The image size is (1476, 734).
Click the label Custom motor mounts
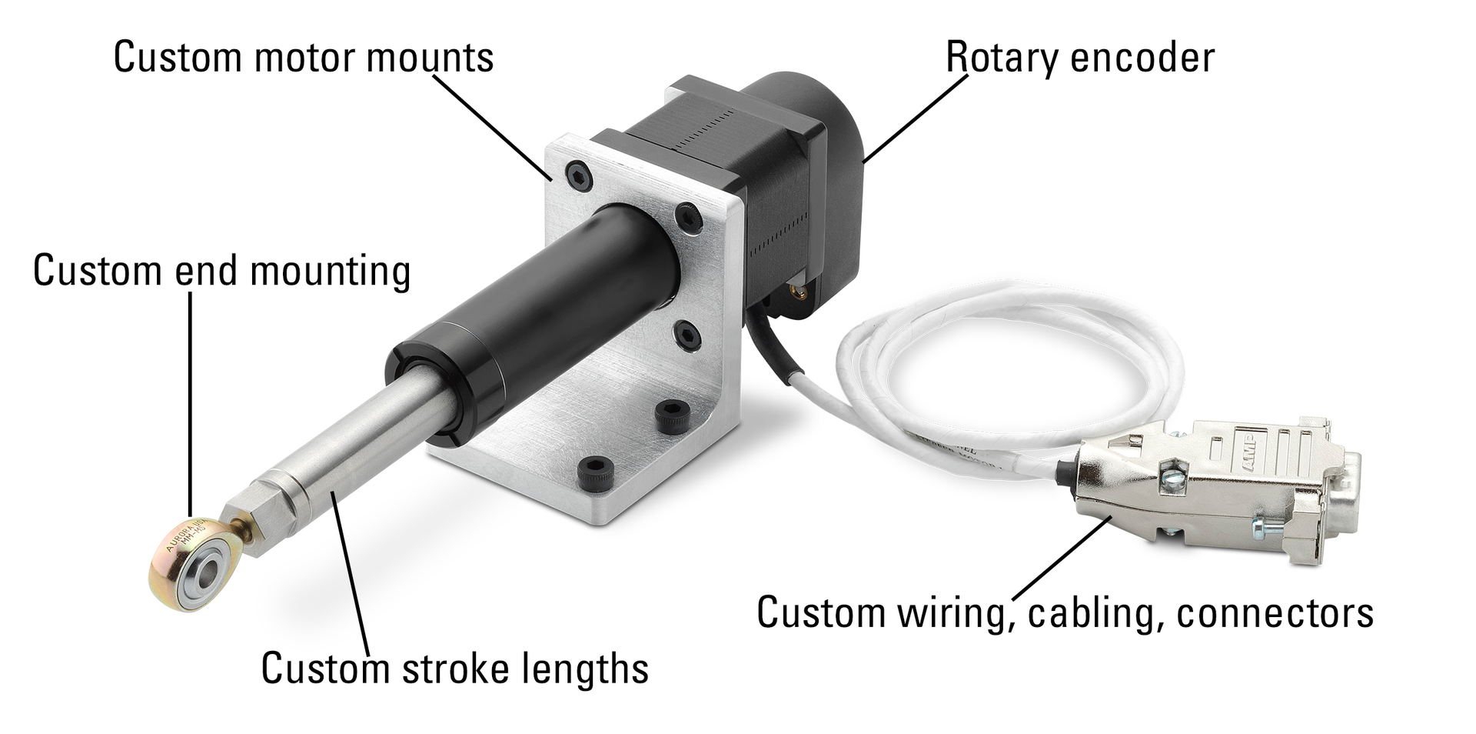(303, 58)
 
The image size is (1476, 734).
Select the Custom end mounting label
(221, 271)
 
